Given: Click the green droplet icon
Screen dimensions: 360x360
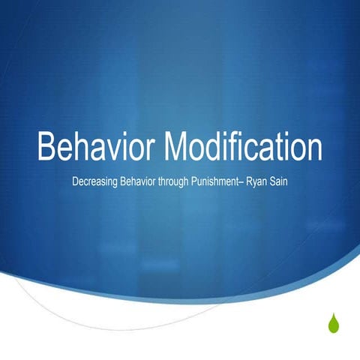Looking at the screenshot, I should click(x=333, y=322).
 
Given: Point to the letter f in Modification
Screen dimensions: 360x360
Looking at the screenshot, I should click(x=249, y=147).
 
